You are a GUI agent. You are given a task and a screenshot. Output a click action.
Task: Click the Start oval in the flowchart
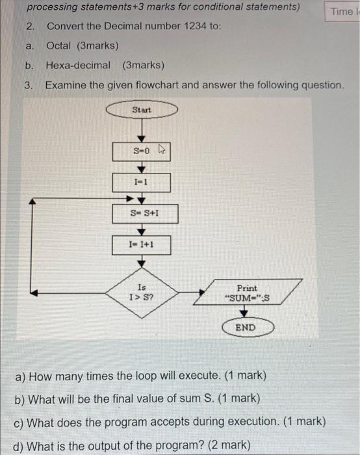click(x=142, y=110)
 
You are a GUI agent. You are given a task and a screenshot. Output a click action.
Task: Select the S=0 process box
click(x=142, y=151)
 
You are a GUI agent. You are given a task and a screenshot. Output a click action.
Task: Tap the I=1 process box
click(x=142, y=183)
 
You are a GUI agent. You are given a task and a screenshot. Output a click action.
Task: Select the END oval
click(x=245, y=328)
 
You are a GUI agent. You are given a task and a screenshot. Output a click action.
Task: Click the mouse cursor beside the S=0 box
click(x=163, y=151)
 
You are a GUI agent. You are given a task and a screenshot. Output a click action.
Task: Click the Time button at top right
click(x=342, y=12)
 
